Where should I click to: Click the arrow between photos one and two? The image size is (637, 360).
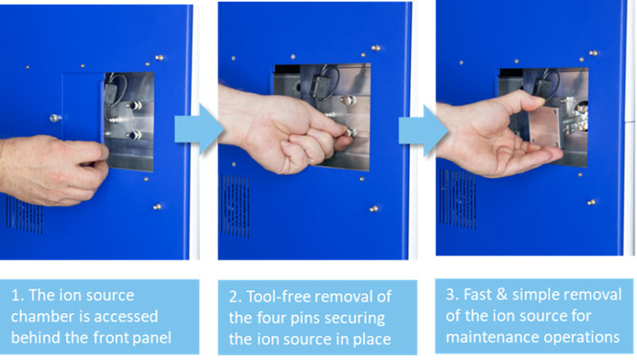[x=199, y=129]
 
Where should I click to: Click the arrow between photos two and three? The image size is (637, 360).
[x=423, y=130]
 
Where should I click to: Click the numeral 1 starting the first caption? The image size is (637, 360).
[x=15, y=295]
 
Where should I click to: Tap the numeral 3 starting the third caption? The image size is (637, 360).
[x=450, y=295]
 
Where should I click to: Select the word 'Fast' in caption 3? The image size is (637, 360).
[x=477, y=295]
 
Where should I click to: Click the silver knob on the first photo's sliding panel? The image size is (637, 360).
[x=55, y=118]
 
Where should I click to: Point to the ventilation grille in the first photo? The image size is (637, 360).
[x=24, y=214]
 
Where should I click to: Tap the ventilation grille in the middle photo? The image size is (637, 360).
[x=234, y=206]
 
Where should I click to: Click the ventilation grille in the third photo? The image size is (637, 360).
[x=457, y=199]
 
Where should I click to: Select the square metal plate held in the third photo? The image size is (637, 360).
[x=545, y=127]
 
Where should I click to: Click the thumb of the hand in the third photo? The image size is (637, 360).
[x=513, y=102]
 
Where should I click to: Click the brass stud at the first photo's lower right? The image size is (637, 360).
[x=157, y=207]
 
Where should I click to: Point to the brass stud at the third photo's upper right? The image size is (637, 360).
[x=593, y=53]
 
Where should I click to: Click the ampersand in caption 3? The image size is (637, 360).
[x=502, y=295]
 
